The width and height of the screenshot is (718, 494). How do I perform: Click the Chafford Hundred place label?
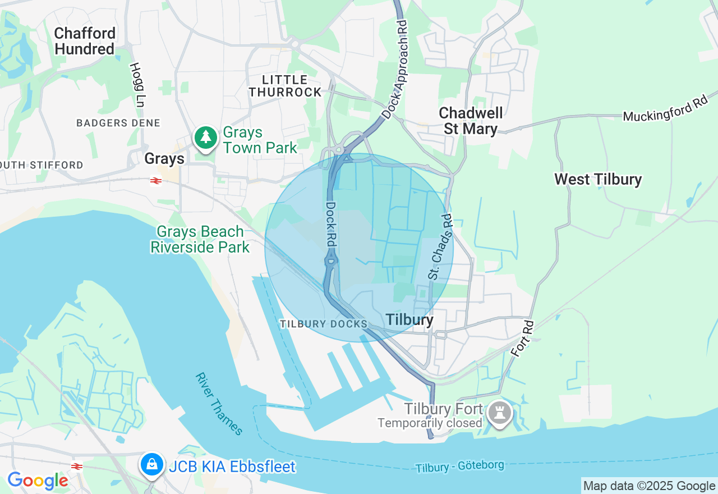[85, 41]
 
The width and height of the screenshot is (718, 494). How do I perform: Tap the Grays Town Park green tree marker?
[206, 137]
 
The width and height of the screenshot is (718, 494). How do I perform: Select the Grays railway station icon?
[155, 180]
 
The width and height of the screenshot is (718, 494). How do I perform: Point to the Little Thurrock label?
[285, 86]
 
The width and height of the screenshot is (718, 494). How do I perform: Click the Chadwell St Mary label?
[471, 121]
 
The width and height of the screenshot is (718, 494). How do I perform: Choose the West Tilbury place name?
[598, 180]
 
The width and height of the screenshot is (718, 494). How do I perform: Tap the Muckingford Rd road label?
[665, 109]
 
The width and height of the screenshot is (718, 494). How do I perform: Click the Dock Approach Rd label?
[395, 70]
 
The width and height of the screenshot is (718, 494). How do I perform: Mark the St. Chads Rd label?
[440, 246]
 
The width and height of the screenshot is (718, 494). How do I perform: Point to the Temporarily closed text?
[429, 423]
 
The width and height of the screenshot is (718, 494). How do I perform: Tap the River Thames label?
[219, 404]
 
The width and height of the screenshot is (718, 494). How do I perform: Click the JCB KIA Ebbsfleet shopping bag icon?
[151, 464]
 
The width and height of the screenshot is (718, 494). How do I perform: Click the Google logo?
[38, 481]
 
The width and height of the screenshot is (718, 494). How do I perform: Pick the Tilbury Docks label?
[324, 324]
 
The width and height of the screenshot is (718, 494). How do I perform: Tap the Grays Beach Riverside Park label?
[200, 239]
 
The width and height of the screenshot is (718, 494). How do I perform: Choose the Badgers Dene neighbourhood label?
[118, 123]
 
